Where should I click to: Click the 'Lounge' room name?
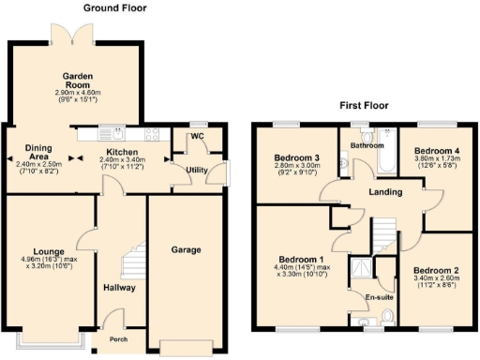pyautogui.click(x=48, y=252)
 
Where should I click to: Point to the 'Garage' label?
pyautogui.click(x=187, y=250)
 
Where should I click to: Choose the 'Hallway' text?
pyautogui.click(x=120, y=288)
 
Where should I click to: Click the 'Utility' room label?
pyautogui.click(x=197, y=170)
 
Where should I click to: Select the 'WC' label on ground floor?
pyautogui.click(x=197, y=137)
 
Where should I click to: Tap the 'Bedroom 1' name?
pyautogui.click(x=301, y=259)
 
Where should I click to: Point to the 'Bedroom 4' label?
pyautogui.click(x=436, y=150)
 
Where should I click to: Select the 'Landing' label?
pyautogui.click(x=385, y=192)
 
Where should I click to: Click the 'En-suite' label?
pyautogui.click(x=379, y=297)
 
